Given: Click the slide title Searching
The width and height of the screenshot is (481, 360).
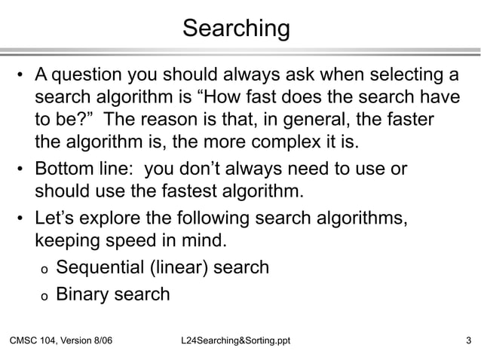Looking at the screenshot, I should (236, 29).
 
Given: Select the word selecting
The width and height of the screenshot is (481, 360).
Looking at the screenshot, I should (393, 76).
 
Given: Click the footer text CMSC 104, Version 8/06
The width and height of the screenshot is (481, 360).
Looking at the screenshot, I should (60, 344).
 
